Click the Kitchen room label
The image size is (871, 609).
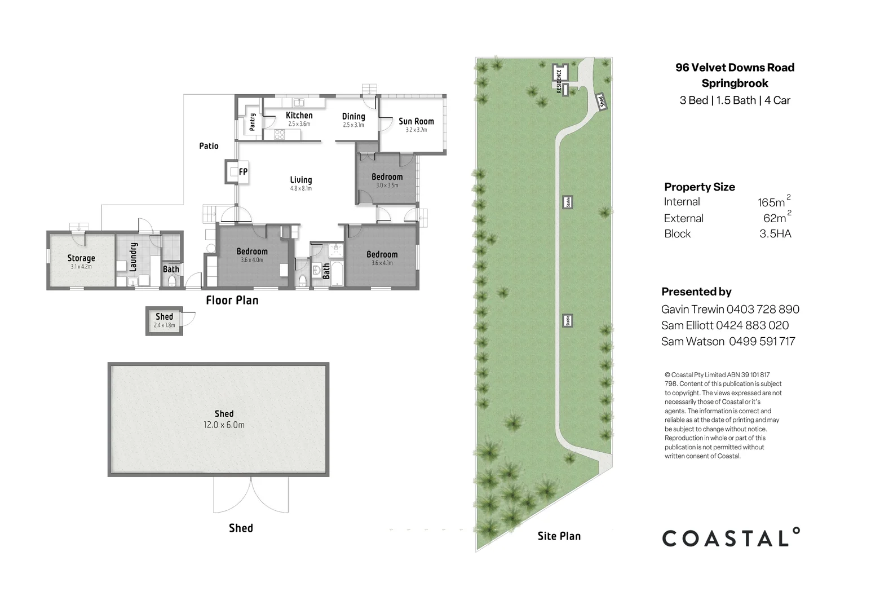299,116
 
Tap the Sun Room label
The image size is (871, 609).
416,121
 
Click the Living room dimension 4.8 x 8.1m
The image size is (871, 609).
301,189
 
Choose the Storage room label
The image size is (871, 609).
81,258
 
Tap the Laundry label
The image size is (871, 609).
134,257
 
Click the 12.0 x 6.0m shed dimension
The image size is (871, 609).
224,425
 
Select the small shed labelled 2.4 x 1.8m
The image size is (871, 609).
165,321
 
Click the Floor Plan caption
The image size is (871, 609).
232,301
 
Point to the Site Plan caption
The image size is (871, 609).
559,536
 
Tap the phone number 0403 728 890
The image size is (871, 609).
763,310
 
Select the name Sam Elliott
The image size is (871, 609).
687,325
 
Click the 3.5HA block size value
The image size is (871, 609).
775,234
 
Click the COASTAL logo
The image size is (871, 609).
731,537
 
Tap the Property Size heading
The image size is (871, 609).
699,187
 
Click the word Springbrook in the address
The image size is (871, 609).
735,83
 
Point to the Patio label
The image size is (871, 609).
209,146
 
